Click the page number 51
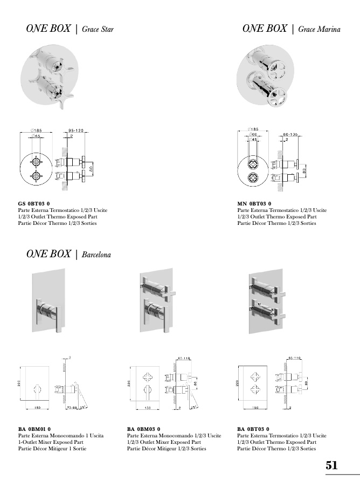click(x=331, y=465)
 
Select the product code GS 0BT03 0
click(x=34, y=203)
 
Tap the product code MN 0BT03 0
click(x=254, y=203)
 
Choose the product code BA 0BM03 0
click(x=144, y=429)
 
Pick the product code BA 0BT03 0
click(x=253, y=429)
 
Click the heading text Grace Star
click(x=98, y=29)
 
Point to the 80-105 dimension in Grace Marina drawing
click(x=290, y=134)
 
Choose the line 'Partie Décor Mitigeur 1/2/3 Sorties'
click(x=167, y=449)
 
